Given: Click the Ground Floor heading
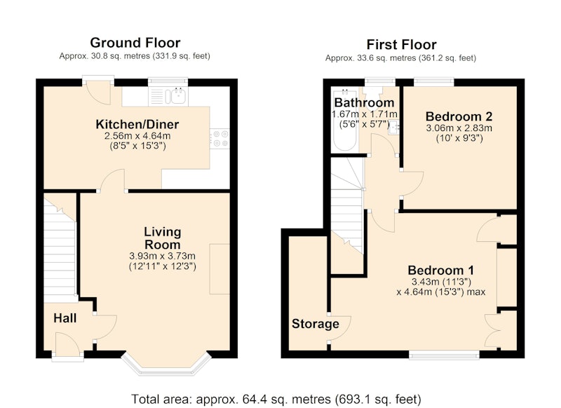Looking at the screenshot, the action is pos(135,43).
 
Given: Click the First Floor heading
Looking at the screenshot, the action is pos(401,45).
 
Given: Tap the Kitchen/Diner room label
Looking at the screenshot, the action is pos(137,125).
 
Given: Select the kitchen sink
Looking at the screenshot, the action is pos(178,96).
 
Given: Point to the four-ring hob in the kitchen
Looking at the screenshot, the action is pos(219,138).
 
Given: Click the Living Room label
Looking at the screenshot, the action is pos(163,238).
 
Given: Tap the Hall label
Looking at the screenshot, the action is pos(65,318).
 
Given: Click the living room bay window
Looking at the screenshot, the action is pos(165,365).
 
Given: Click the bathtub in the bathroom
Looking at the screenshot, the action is pos(345,119).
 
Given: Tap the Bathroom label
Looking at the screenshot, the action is pos(364,102).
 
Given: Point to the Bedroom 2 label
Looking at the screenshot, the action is pos(459,116).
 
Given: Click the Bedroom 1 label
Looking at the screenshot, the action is pos(441,270).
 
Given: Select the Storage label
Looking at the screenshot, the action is pos(315,324).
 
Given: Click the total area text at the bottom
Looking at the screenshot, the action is pos(276,399).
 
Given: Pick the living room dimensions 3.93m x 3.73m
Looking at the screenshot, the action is pos(163,256).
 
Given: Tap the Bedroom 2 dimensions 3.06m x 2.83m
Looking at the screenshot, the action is pos(459,128).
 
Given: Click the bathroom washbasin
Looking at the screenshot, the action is pos(393,128).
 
